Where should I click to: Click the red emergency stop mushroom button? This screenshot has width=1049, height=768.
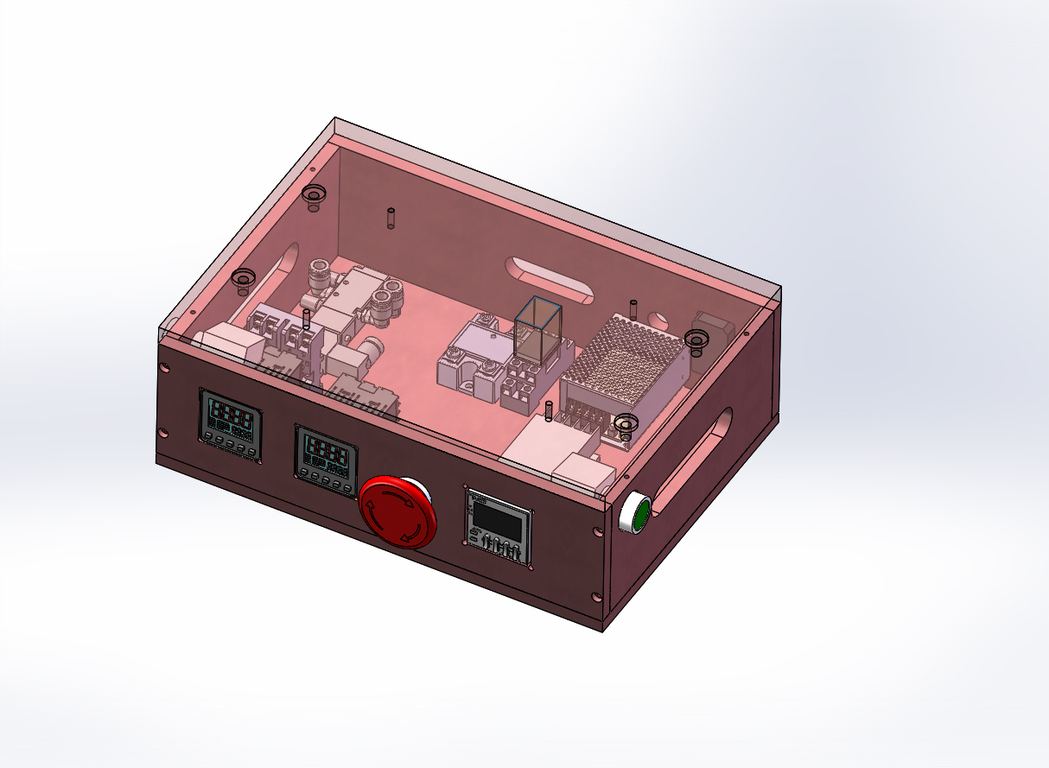coord(397,511)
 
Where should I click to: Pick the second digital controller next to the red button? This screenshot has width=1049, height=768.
coord(326,459)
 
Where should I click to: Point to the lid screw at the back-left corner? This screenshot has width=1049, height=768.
coord(314,195)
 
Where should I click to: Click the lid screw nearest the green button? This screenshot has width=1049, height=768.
coord(625,424)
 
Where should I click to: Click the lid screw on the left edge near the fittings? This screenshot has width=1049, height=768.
coord(243,279)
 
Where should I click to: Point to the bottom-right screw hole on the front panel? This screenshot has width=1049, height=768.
coord(594,597)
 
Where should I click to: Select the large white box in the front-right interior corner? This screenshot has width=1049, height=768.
coord(544,445)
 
